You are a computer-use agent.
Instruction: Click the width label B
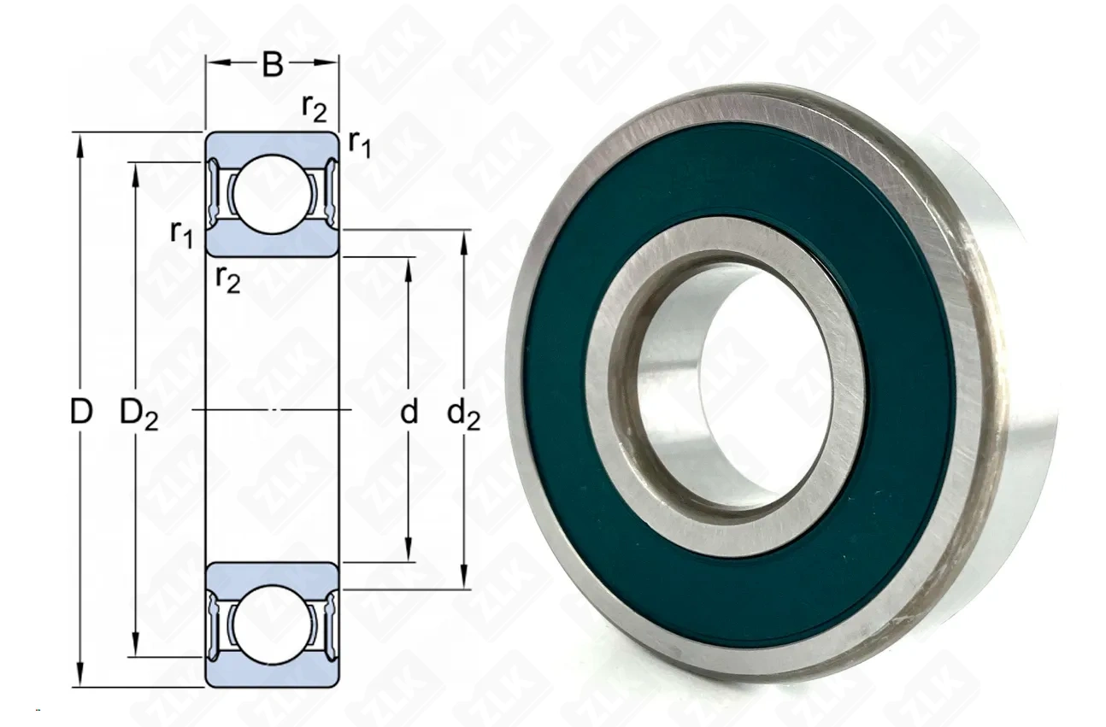pyautogui.click(x=273, y=64)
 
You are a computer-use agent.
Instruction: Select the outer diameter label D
pyautogui.click(x=81, y=412)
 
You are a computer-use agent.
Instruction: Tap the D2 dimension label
pyautogui.click(x=138, y=414)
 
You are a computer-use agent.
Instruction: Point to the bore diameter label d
pyautogui.click(x=409, y=412)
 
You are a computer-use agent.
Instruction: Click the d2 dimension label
pyautogui.click(x=463, y=414)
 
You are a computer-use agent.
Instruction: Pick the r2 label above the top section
pyautogui.click(x=315, y=108)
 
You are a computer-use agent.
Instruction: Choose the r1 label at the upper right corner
pyautogui.click(x=360, y=144)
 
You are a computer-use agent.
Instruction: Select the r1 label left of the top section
pyautogui.click(x=181, y=234)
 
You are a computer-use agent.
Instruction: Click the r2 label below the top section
pyautogui.click(x=228, y=280)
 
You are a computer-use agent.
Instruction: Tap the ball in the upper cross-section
pyautogui.click(x=272, y=194)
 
